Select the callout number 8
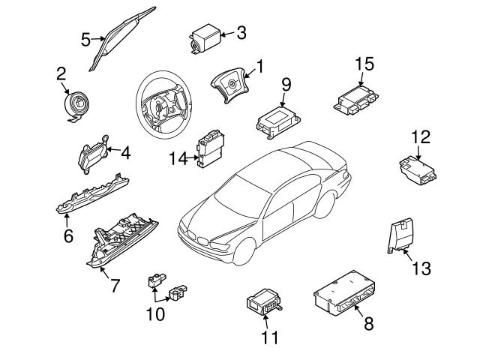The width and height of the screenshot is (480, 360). click(x=367, y=324)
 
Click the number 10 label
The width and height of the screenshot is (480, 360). click(x=154, y=313)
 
